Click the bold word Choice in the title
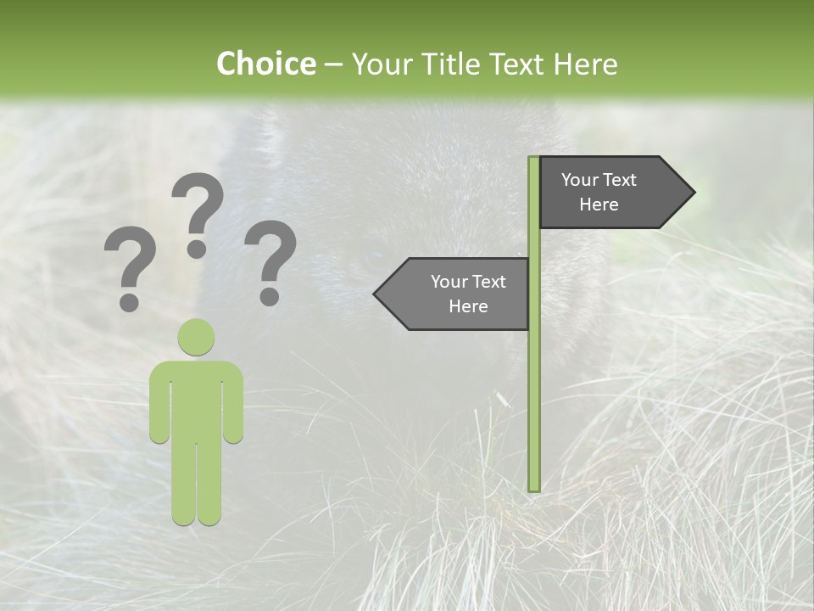(265, 64)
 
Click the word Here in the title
(584, 64)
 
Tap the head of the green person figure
(196, 337)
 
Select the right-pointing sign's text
(599, 192)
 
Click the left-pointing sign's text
(467, 294)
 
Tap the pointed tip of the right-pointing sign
(693, 193)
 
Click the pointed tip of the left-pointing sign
(376, 294)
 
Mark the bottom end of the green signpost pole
(534, 488)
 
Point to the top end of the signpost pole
(534, 160)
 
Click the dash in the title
(333, 64)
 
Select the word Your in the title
(378, 64)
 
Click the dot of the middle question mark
(197, 249)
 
